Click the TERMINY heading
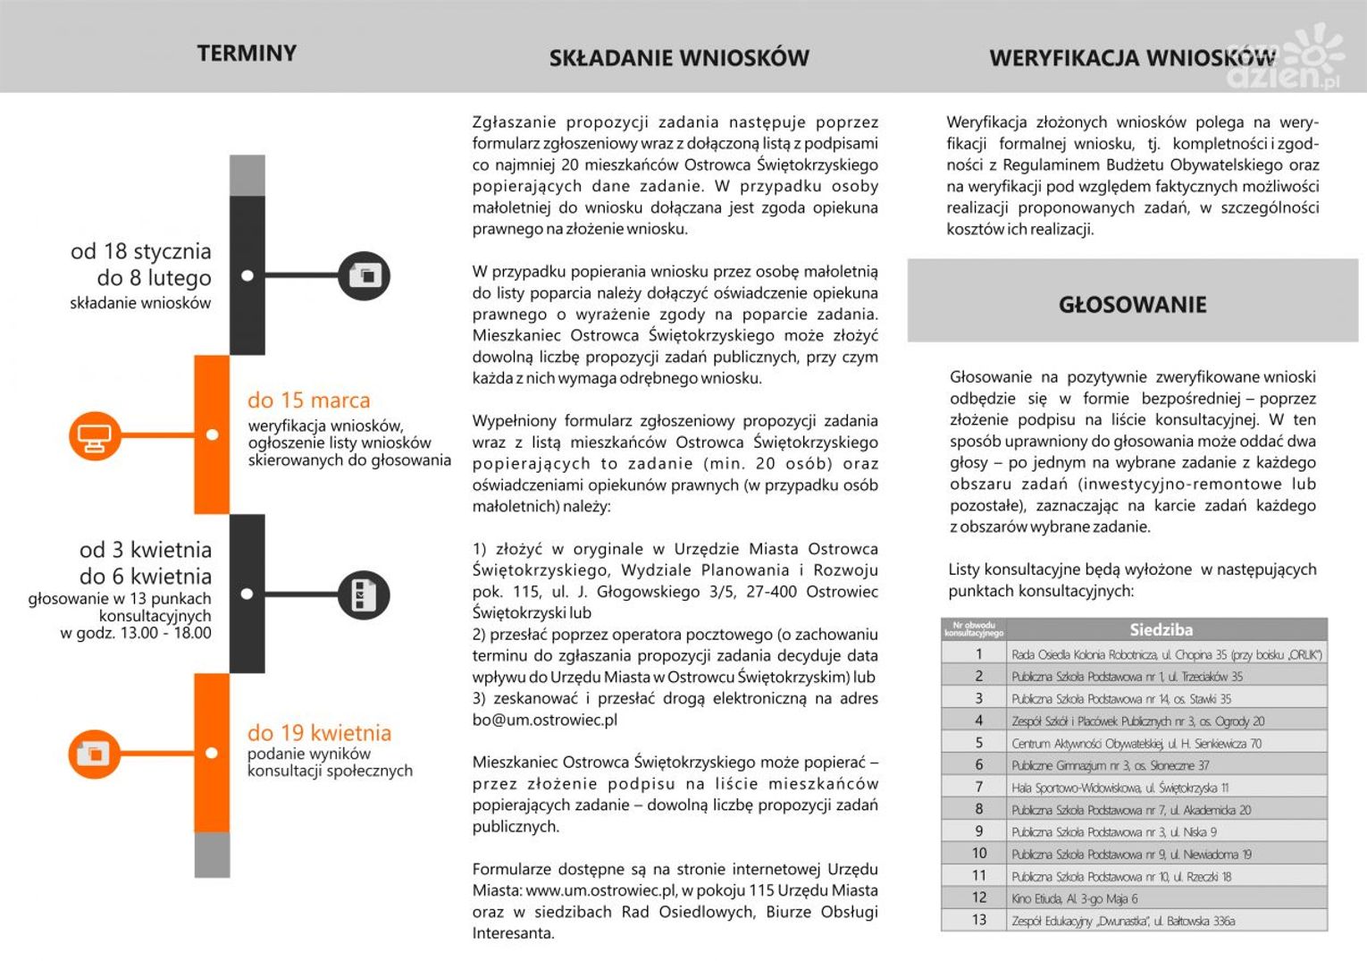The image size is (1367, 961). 247,54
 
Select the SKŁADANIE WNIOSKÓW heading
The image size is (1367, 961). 679,59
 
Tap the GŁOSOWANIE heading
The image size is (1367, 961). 1132,305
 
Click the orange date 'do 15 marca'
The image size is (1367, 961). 308,400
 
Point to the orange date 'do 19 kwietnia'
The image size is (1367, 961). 319,733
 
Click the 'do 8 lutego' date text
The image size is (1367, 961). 154,278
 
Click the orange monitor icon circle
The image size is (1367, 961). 95,436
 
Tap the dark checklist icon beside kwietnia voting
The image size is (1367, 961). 364,594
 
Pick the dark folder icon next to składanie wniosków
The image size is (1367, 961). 365,275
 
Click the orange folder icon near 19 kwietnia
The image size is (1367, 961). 94,754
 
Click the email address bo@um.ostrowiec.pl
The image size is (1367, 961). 545,720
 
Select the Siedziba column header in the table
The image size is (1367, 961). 1161,629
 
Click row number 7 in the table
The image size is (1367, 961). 979,788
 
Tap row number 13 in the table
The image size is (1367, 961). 979,921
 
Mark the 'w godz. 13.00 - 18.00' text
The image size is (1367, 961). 136,634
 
